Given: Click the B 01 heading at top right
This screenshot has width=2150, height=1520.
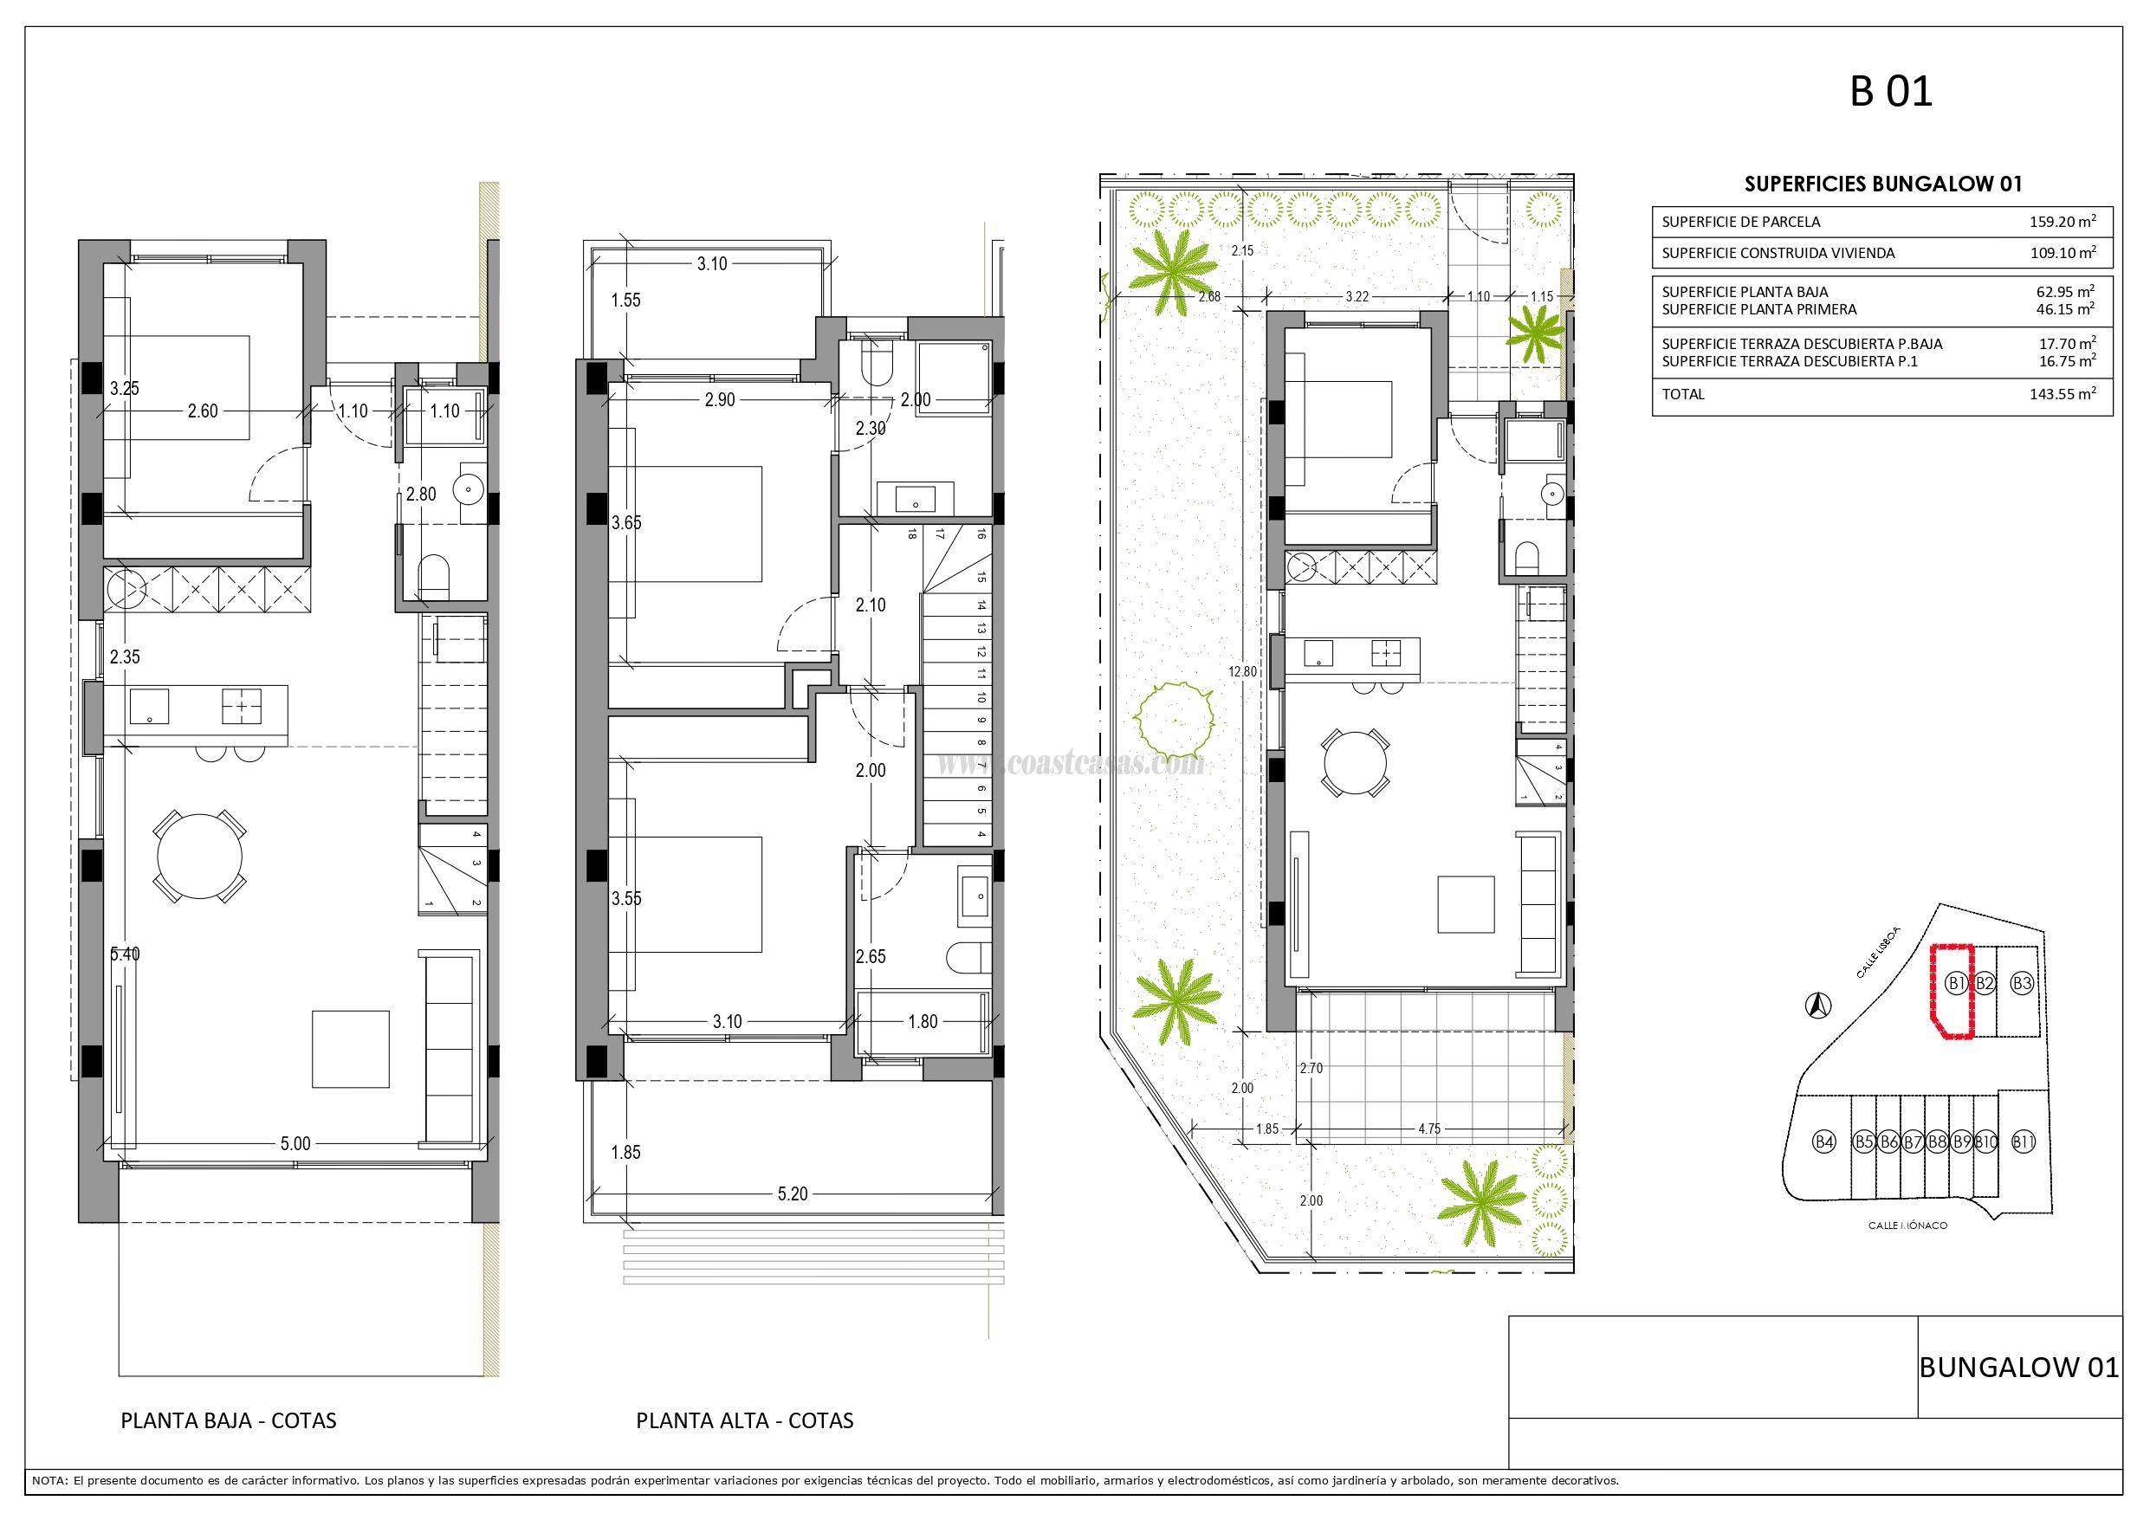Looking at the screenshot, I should click(1891, 93).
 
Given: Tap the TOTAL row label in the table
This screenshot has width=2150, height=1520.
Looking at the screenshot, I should click(1683, 394).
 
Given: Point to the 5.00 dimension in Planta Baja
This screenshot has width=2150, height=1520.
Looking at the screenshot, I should click(295, 1143).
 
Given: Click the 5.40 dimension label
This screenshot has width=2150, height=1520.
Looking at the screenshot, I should click(125, 954).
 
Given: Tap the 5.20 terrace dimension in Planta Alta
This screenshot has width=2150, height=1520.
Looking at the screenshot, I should click(793, 1194).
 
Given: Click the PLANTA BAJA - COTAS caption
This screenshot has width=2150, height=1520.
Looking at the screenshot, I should click(229, 1420).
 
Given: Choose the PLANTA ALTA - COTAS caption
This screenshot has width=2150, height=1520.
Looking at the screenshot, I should click(744, 1420).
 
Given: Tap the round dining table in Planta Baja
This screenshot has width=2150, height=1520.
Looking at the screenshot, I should click(199, 856).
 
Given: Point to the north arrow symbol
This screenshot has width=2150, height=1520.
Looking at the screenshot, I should click(1817, 1004).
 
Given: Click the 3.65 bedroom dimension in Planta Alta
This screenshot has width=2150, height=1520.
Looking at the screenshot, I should click(626, 523).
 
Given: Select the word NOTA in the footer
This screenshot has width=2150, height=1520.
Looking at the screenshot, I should click(49, 1481).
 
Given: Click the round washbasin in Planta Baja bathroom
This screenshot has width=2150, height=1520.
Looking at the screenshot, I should click(466, 487).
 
